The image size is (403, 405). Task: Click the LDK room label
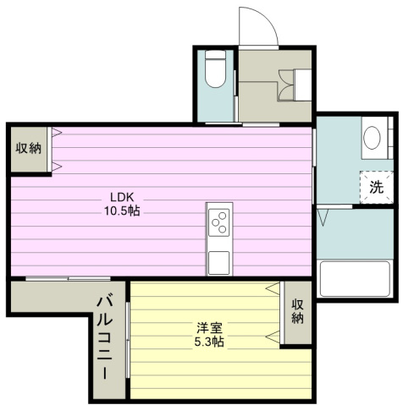tap(121, 197)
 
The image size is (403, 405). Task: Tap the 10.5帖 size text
tap(122, 211)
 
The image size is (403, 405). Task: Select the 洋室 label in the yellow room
tap(209, 328)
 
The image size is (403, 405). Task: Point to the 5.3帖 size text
tap(209, 342)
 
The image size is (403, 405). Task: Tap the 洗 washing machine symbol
tap(377, 187)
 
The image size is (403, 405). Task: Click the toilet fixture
tap(215, 69)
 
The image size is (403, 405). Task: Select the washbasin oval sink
tap(372, 138)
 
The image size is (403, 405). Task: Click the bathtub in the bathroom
tap(355, 279)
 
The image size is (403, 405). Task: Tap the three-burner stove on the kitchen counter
tap(218, 222)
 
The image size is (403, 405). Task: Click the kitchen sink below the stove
tap(218, 263)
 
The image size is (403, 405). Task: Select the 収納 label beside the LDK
tap(28, 148)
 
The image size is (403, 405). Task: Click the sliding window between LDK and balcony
tap(68, 278)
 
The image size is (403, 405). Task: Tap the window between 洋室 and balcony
tap(128, 340)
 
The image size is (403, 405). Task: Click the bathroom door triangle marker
tap(323, 217)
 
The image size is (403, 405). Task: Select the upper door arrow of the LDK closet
tap(57, 133)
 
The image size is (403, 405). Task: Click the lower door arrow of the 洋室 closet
tap(273, 337)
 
